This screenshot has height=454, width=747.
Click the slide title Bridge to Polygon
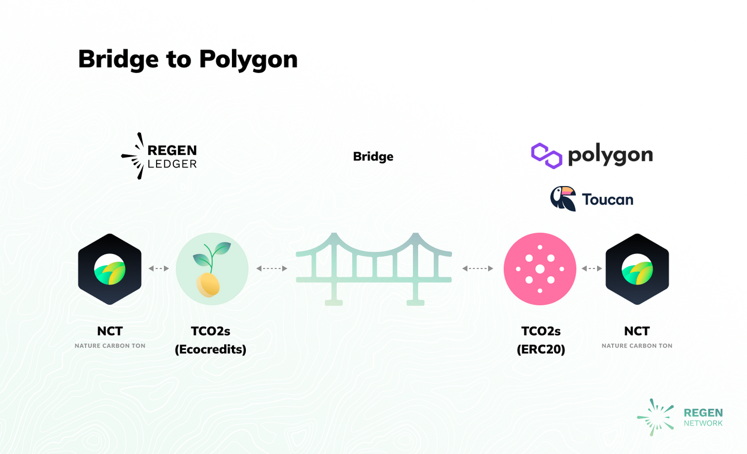click(x=187, y=59)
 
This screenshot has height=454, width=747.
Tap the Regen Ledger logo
click(x=159, y=156)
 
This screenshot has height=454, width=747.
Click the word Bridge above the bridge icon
click(x=373, y=157)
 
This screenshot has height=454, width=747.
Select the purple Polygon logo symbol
click(x=546, y=155)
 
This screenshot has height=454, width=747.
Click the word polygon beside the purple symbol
click(x=610, y=155)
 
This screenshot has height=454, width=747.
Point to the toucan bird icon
click(x=562, y=199)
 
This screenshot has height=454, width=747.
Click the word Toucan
click(x=607, y=199)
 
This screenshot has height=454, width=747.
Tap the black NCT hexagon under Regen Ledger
click(x=110, y=269)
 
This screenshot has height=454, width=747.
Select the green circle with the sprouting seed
click(x=212, y=269)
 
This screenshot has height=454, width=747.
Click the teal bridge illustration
click(x=373, y=269)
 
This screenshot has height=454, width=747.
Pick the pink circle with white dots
click(x=540, y=269)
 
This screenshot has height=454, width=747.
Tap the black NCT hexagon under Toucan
click(x=637, y=269)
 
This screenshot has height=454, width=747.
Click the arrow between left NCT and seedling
click(x=159, y=269)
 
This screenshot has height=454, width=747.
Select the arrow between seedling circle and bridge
click(x=271, y=269)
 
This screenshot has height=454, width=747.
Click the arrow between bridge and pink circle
click(x=478, y=269)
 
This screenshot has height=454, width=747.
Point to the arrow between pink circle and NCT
click(x=592, y=269)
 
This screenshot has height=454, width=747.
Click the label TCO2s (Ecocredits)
click(x=211, y=340)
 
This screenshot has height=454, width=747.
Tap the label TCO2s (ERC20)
click(x=541, y=340)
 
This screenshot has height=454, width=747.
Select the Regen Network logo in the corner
click(x=680, y=417)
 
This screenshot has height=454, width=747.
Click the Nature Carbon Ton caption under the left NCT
click(x=110, y=346)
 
